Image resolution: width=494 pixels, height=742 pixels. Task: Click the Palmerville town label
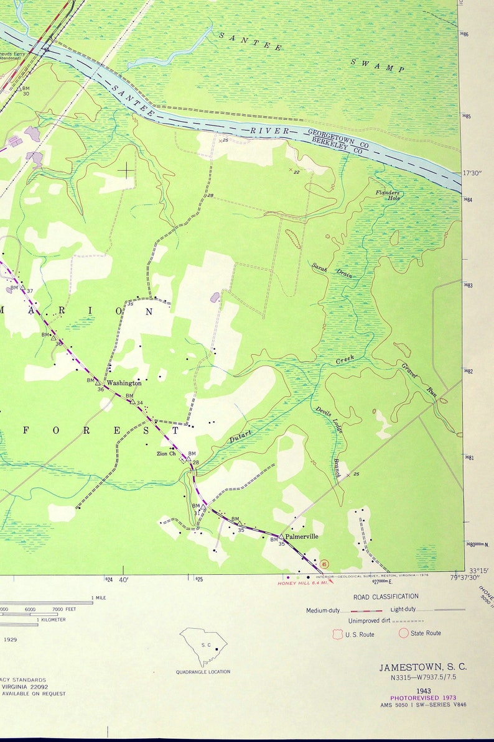[x=302, y=536]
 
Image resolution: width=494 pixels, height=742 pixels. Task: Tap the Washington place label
[x=124, y=383]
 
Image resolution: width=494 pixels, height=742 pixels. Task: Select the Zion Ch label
[x=166, y=453]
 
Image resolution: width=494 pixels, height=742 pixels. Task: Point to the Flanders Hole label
[x=388, y=195]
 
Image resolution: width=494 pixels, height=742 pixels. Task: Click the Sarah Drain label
[x=332, y=269]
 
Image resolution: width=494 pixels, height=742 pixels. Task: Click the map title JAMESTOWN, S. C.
[x=423, y=667]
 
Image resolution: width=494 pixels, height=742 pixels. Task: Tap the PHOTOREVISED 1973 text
[x=423, y=698]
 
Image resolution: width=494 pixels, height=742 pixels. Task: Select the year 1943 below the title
[x=423, y=690]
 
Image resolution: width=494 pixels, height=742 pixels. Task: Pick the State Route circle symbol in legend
[x=403, y=633]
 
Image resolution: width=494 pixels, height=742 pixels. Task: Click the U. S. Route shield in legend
[x=338, y=634]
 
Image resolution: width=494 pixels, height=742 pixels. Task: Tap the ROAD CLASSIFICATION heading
[x=386, y=597]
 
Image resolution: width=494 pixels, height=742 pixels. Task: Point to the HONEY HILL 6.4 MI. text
[x=303, y=582]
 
